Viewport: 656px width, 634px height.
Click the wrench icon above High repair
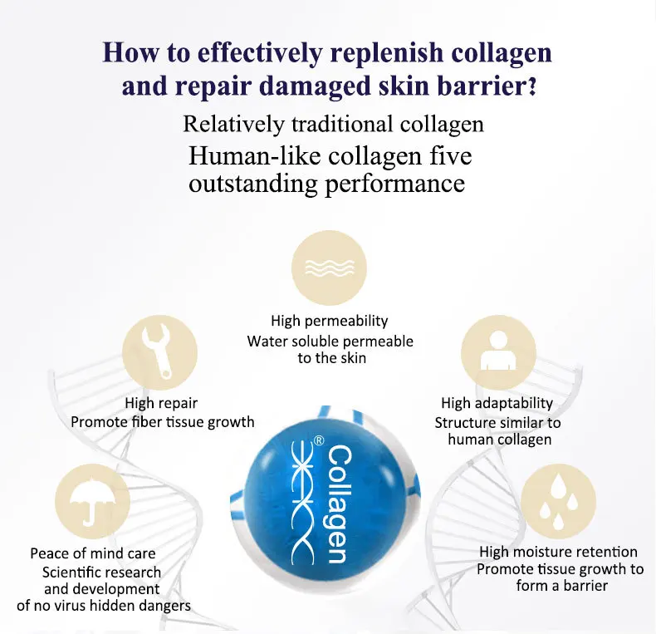(159, 356)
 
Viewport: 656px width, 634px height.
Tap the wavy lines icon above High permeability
(329, 267)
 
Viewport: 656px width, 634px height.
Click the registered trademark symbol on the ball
(318, 442)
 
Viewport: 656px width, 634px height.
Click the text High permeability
(329, 321)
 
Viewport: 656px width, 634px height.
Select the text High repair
(161, 403)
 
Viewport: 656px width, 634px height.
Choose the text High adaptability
(497, 403)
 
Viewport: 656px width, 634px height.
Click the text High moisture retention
(558, 552)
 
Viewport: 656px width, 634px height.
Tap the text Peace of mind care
(93, 553)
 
